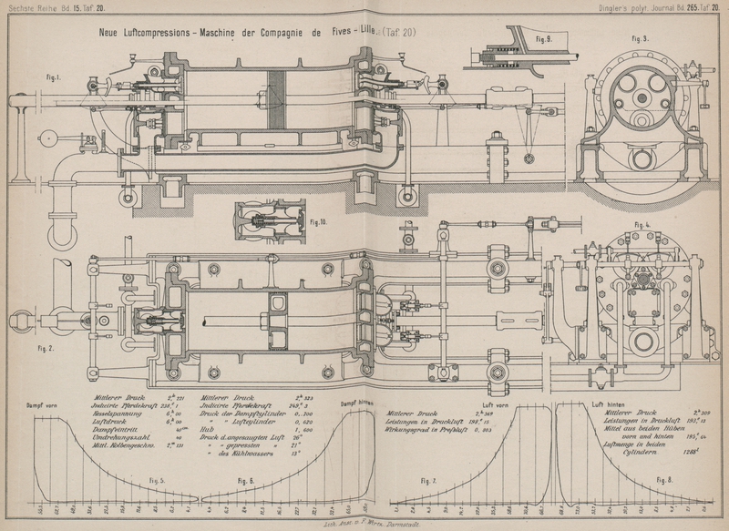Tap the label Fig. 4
(643, 224)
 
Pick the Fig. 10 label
(318, 221)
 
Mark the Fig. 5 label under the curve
(156, 480)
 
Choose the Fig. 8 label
(664, 480)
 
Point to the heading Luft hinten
(608, 403)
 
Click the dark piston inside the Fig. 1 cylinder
(288, 102)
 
